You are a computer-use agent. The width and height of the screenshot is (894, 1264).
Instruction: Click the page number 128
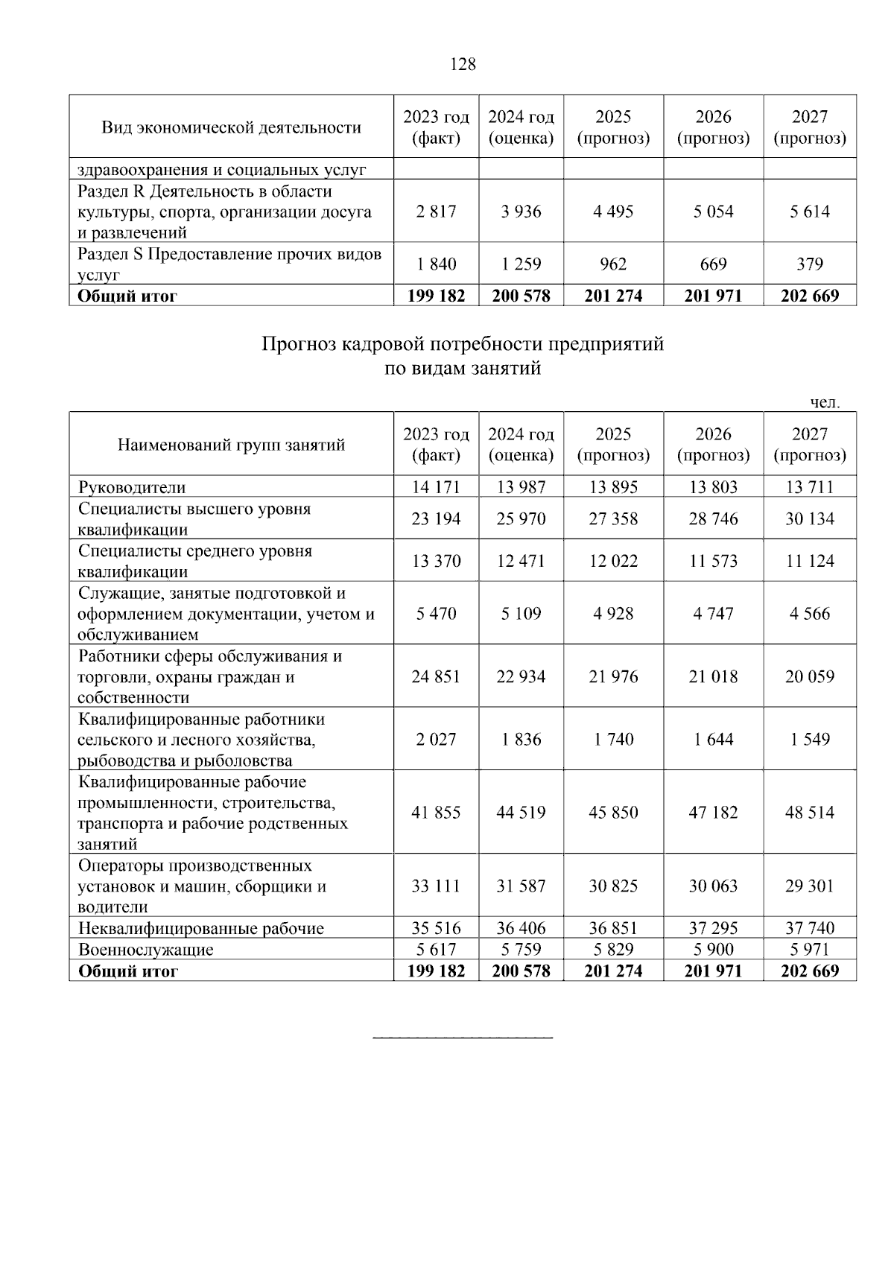pos(463,65)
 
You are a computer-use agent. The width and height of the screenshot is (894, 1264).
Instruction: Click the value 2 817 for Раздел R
pos(436,212)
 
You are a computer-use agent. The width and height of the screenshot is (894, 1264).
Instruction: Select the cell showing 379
pos(809,264)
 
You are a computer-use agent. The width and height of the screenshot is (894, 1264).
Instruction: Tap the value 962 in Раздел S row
pos(613,264)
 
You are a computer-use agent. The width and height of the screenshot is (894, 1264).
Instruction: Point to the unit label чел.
pos(825,403)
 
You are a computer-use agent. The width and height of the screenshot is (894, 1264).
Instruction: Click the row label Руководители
pos(132,488)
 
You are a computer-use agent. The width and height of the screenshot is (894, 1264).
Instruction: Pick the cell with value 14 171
pos(436,488)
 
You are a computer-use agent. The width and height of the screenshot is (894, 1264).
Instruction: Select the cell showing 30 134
pos(809,519)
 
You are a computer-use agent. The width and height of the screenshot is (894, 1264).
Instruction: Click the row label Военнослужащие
pos(146,950)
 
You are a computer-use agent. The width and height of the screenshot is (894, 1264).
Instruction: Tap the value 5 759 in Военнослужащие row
pos(521,950)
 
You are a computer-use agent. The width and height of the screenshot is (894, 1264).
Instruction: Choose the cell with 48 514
pos(809,813)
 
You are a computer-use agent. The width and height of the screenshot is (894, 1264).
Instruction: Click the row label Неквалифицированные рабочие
pos(201,929)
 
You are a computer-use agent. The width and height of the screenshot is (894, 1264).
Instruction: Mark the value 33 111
pos(436,886)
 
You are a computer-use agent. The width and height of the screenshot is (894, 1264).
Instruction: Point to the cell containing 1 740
pos(613,740)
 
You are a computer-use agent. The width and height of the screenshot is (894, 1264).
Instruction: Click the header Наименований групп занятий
pos(231,445)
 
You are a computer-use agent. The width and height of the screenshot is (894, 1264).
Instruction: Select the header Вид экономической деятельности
pos(231,127)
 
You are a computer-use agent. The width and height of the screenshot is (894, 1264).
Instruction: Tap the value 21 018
pos(713,677)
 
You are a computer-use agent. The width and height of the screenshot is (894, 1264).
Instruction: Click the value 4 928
pos(613,614)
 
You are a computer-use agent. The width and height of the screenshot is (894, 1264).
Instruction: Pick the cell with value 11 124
pos(809,561)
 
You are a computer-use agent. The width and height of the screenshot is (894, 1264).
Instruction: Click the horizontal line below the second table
pos(463,1037)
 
